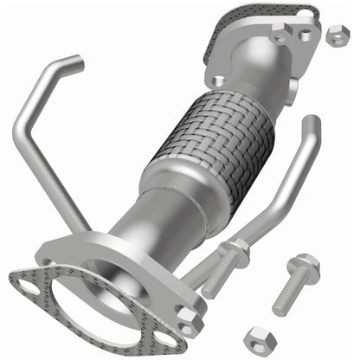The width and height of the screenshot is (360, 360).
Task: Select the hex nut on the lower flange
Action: coord(184,316)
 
